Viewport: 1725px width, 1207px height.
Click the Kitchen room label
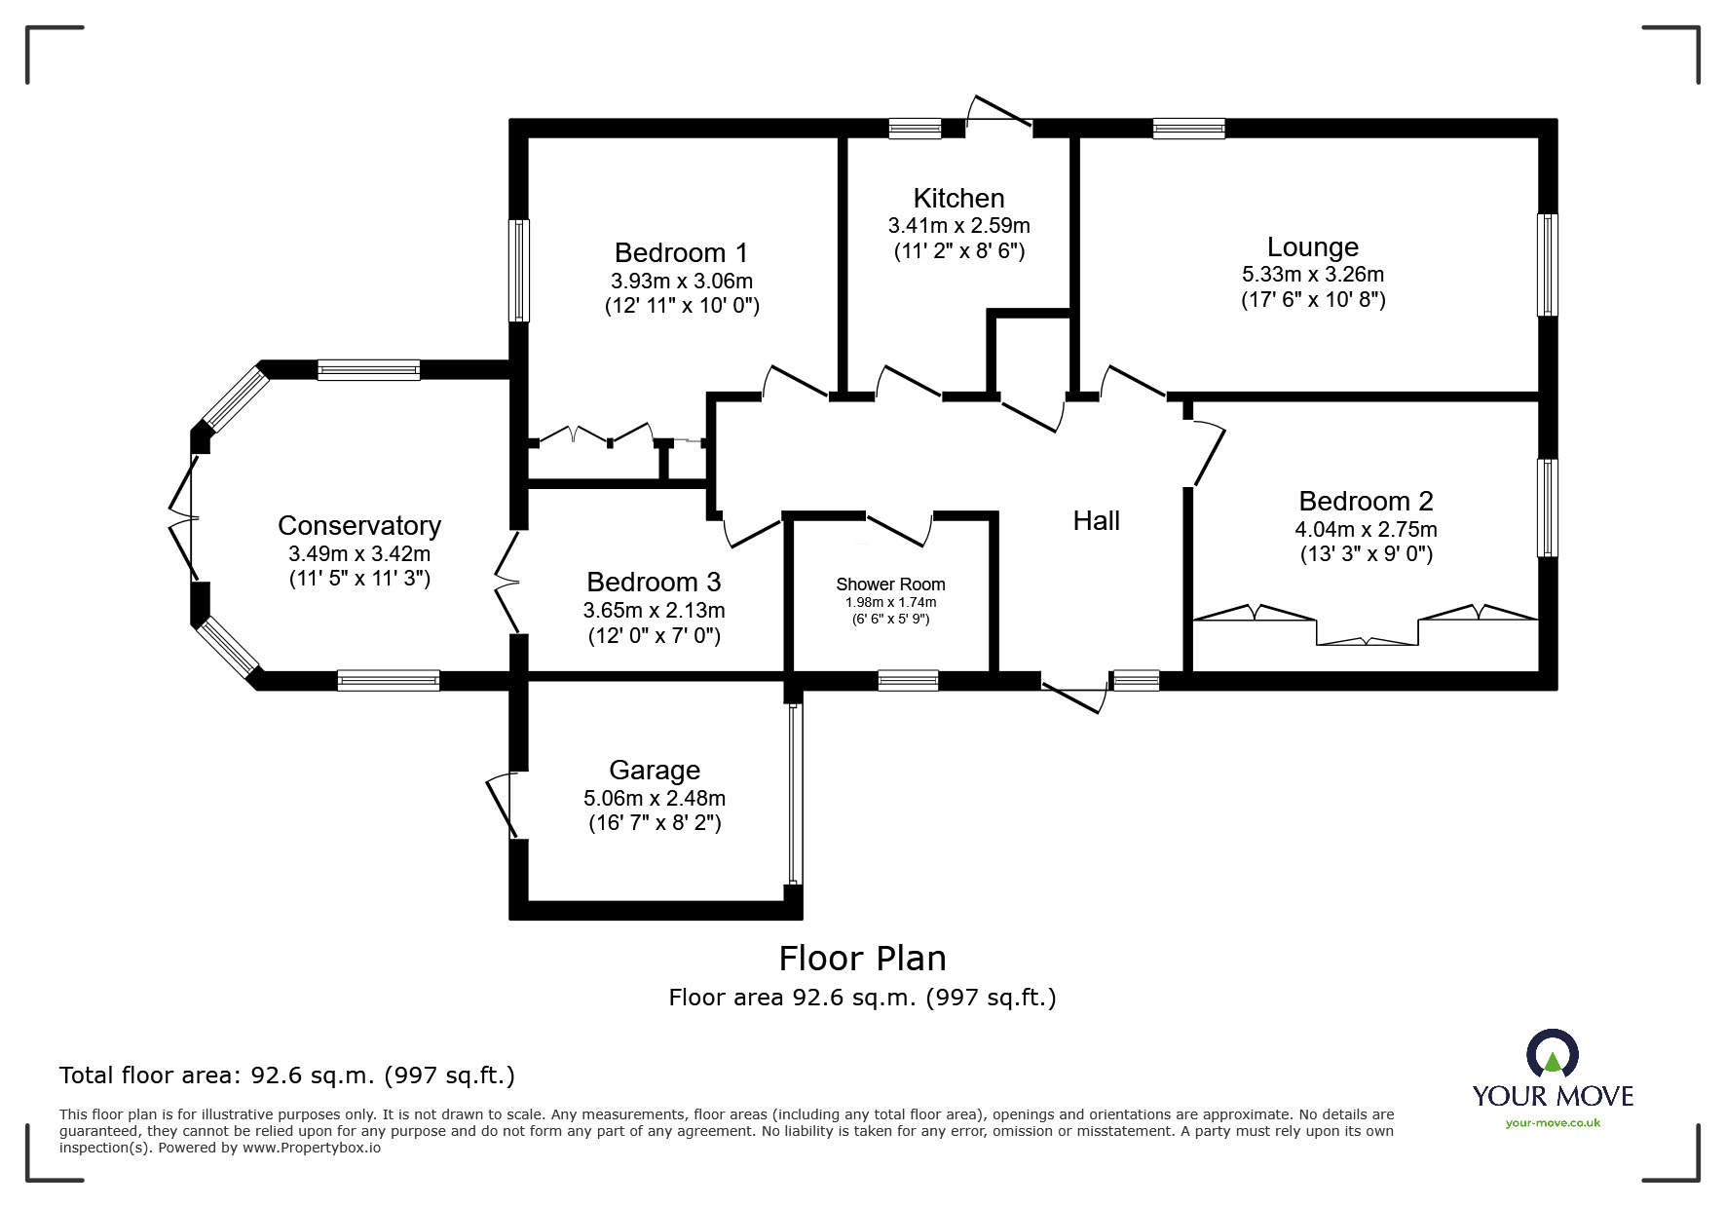pyautogui.click(x=958, y=199)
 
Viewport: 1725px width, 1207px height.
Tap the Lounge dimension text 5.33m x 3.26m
pyautogui.click(x=1312, y=275)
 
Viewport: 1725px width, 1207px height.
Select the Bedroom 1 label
pyautogui.click(x=681, y=253)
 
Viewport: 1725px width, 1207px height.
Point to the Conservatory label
pyautogui.click(x=359, y=526)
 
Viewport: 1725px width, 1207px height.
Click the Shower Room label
pyautogui.click(x=890, y=585)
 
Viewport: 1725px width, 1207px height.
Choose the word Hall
pyautogui.click(x=1096, y=521)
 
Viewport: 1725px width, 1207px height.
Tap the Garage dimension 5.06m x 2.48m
pyautogui.click(x=654, y=798)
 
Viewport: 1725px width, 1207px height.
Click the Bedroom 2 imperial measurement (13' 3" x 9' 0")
pyautogui.click(x=1366, y=554)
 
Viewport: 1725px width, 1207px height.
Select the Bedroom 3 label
pyautogui.click(x=654, y=583)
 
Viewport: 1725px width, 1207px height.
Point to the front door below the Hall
pyautogui.click(x=1075, y=698)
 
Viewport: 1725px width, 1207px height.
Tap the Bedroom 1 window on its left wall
pyautogui.click(x=520, y=270)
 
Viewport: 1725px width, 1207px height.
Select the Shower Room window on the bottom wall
pyautogui.click(x=908, y=680)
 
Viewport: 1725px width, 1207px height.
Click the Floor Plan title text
pyautogui.click(x=862, y=959)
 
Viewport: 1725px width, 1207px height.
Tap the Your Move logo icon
pyautogui.click(x=1552, y=1054)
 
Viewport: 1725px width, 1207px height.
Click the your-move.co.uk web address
pyautogui.click(x=1553, y=1123)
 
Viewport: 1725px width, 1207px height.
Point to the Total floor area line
pyautogui.click(x=287, y=1075)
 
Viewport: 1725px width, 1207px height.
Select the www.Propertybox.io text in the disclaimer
pyautogui.click(x=312, y=1148)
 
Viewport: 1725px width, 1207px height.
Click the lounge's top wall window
pyautogui.click(x=1188, y=129)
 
